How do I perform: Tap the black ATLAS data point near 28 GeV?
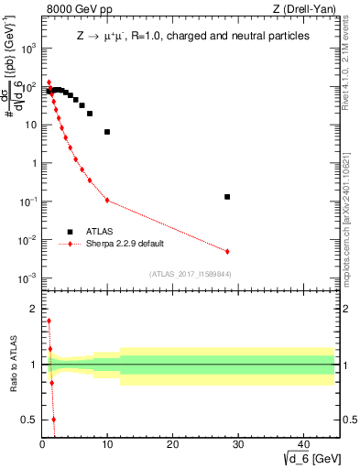[227, 197]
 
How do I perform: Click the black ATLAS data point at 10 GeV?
[107, 132]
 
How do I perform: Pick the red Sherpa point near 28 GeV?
[227, 251]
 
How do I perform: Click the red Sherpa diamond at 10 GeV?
[107, 201]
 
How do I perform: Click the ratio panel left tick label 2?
[35, 309]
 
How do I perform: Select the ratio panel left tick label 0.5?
[30, 420]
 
